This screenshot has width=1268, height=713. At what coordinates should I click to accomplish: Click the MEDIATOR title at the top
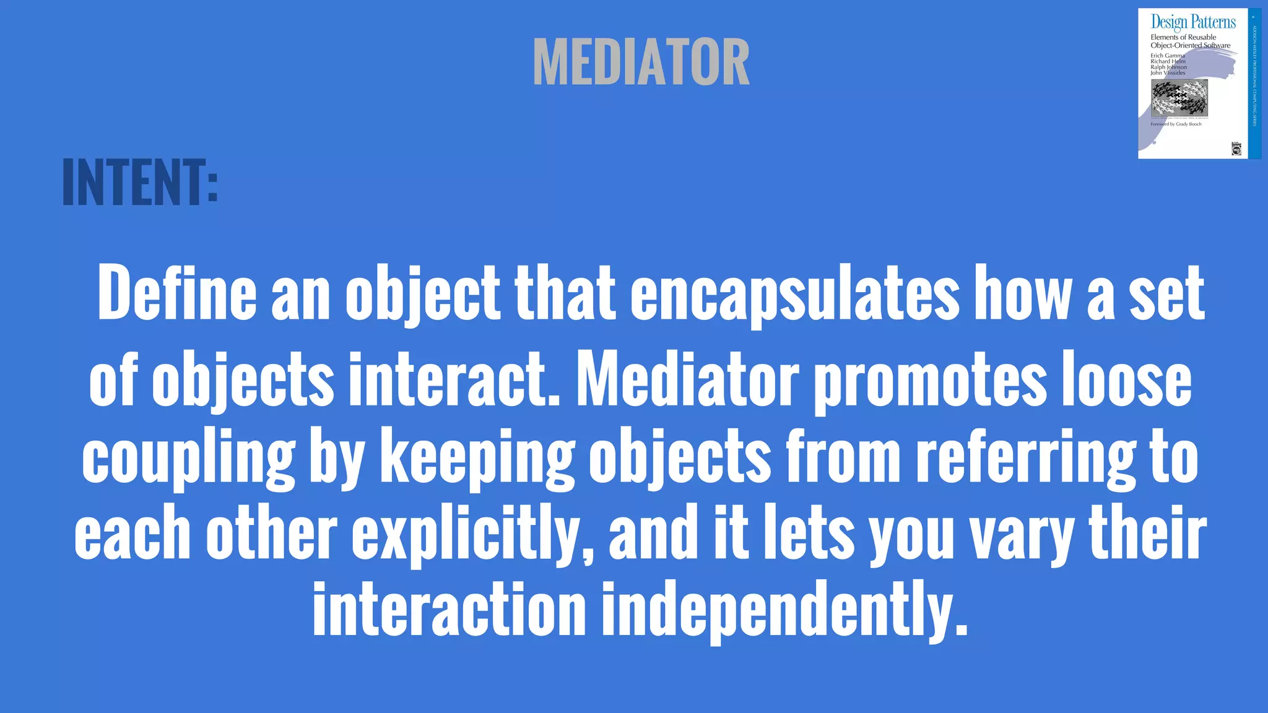click(641, 62)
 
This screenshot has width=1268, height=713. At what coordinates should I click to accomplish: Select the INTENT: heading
click(140, 183)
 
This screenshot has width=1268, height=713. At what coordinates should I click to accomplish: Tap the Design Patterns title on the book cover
click(1192, 22)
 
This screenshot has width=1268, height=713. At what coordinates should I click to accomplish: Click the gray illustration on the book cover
click(1179, 97)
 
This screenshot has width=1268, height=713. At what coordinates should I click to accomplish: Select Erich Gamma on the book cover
click(1167, 56)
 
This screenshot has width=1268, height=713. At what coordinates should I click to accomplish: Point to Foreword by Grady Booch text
click(1175, 124)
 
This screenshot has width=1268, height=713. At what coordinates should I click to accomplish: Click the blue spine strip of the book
click(1254, 84)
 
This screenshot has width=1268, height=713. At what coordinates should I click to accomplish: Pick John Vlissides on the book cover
click(1168, 73)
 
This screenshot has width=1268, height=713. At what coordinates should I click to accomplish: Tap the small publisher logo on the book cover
click(1236, 149)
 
